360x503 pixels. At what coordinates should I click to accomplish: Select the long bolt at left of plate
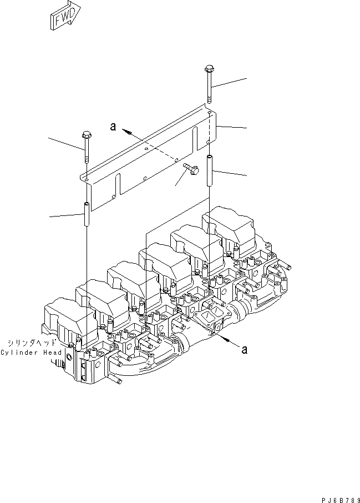pyautogui.click(x=86, y=148)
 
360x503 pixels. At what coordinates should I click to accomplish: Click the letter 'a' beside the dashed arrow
pyautogui.click(x=113, y=127)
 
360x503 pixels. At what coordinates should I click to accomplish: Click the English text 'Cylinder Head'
pyautogui.click(x=32, y=353)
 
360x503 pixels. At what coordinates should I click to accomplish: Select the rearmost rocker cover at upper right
pyautogui.click(x=227, y=225)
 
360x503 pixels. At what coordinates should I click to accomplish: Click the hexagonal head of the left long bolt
pyautogui.click(x=85, y=135)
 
